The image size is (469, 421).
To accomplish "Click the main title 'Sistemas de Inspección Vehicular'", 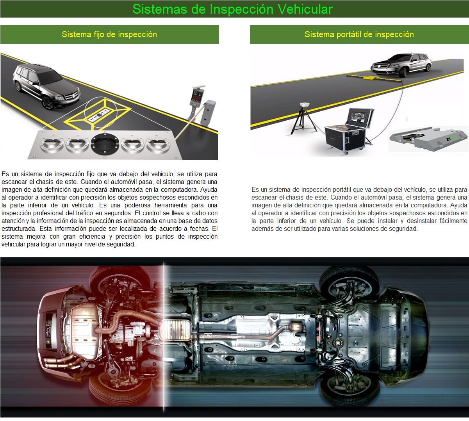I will [232, 9].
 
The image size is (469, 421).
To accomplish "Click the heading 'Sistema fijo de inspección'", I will [109, 34].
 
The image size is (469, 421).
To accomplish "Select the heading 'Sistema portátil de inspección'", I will [359, 34].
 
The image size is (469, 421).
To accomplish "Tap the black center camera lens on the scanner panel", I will [104, 144].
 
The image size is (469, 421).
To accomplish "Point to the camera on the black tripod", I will [304, 105].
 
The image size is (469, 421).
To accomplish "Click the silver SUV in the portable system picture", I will [401, 64].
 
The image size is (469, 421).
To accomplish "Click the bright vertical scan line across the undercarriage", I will [164, 336].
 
